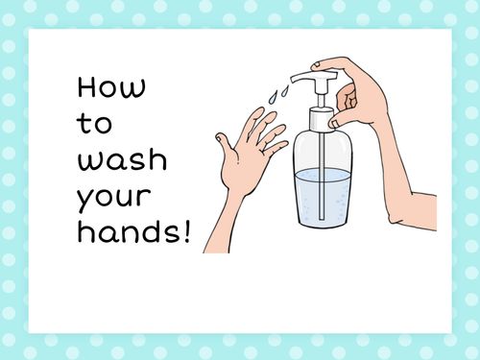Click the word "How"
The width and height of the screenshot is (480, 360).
(x=111, y=88)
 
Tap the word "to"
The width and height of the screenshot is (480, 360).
(x=93, y=124)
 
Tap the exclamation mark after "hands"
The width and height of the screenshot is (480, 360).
(x=184, y=230)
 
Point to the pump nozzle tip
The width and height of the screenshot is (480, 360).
(x=289, y=79)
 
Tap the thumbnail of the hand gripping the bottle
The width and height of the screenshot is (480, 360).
(x=334, y=122)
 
